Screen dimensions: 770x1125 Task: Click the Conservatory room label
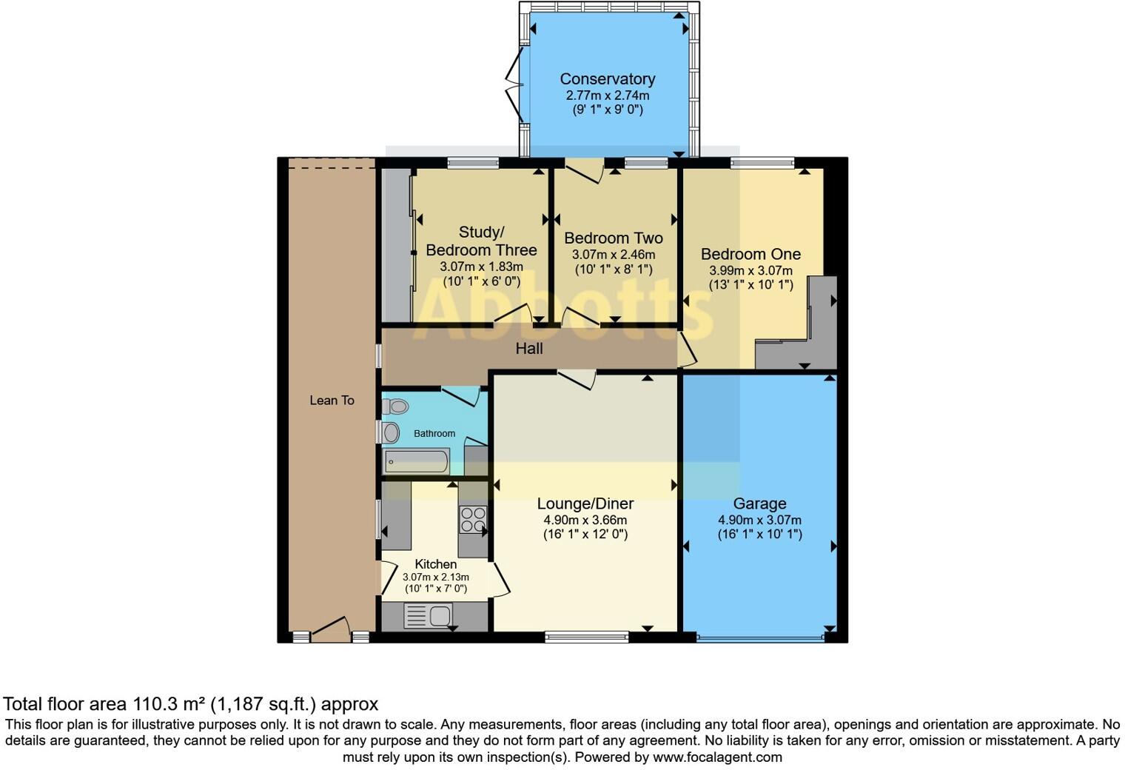coord(607,79)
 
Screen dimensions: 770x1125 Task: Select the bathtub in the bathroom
coord(416,462)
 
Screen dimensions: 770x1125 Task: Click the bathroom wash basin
coord(390,432)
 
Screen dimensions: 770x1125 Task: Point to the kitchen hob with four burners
coord(472,520)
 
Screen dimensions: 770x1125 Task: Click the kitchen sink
coord(429,615)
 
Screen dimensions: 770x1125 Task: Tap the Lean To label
coord(332,401)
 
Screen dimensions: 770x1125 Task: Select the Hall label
coord(529,349)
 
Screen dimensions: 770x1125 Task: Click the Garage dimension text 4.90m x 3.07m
coord(759,520)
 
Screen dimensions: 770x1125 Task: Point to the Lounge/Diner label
coord(585,504)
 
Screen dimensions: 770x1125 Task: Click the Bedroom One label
coord(750,254)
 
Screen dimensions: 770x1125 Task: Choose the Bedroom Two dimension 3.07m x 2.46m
coord(613,255)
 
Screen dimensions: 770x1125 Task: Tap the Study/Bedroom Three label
coord(481,241)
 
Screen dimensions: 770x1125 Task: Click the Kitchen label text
coord(435,564)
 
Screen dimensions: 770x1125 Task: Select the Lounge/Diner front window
coord(586,635)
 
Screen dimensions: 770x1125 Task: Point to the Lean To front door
coord(329,629)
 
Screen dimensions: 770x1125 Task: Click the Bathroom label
coord(434,434)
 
